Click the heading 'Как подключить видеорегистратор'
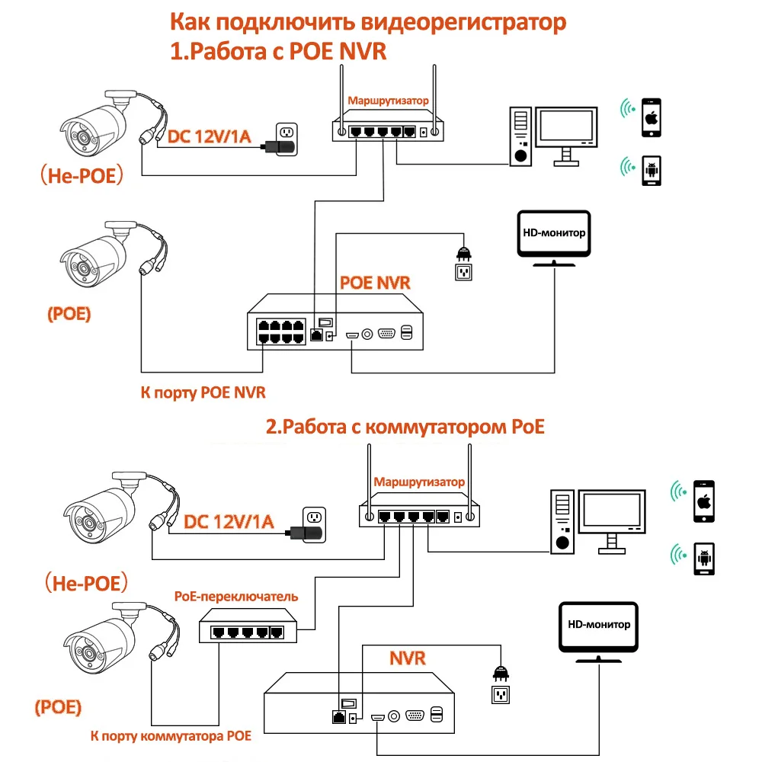click(367, 22)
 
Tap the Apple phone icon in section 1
click(651, 117)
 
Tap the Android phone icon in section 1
click(651, 171)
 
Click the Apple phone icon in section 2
click(703, 501)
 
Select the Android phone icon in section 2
click(703, 558)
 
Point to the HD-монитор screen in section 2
click(599, 627)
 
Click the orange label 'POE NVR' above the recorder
click(375, 283)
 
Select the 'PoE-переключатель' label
click(236, 596)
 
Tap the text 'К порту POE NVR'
click(203, 393)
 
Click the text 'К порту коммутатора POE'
click(170, 736)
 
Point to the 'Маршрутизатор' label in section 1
click(389, 100)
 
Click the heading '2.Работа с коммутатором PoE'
click(405, 427)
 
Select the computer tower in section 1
click(520, 135)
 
